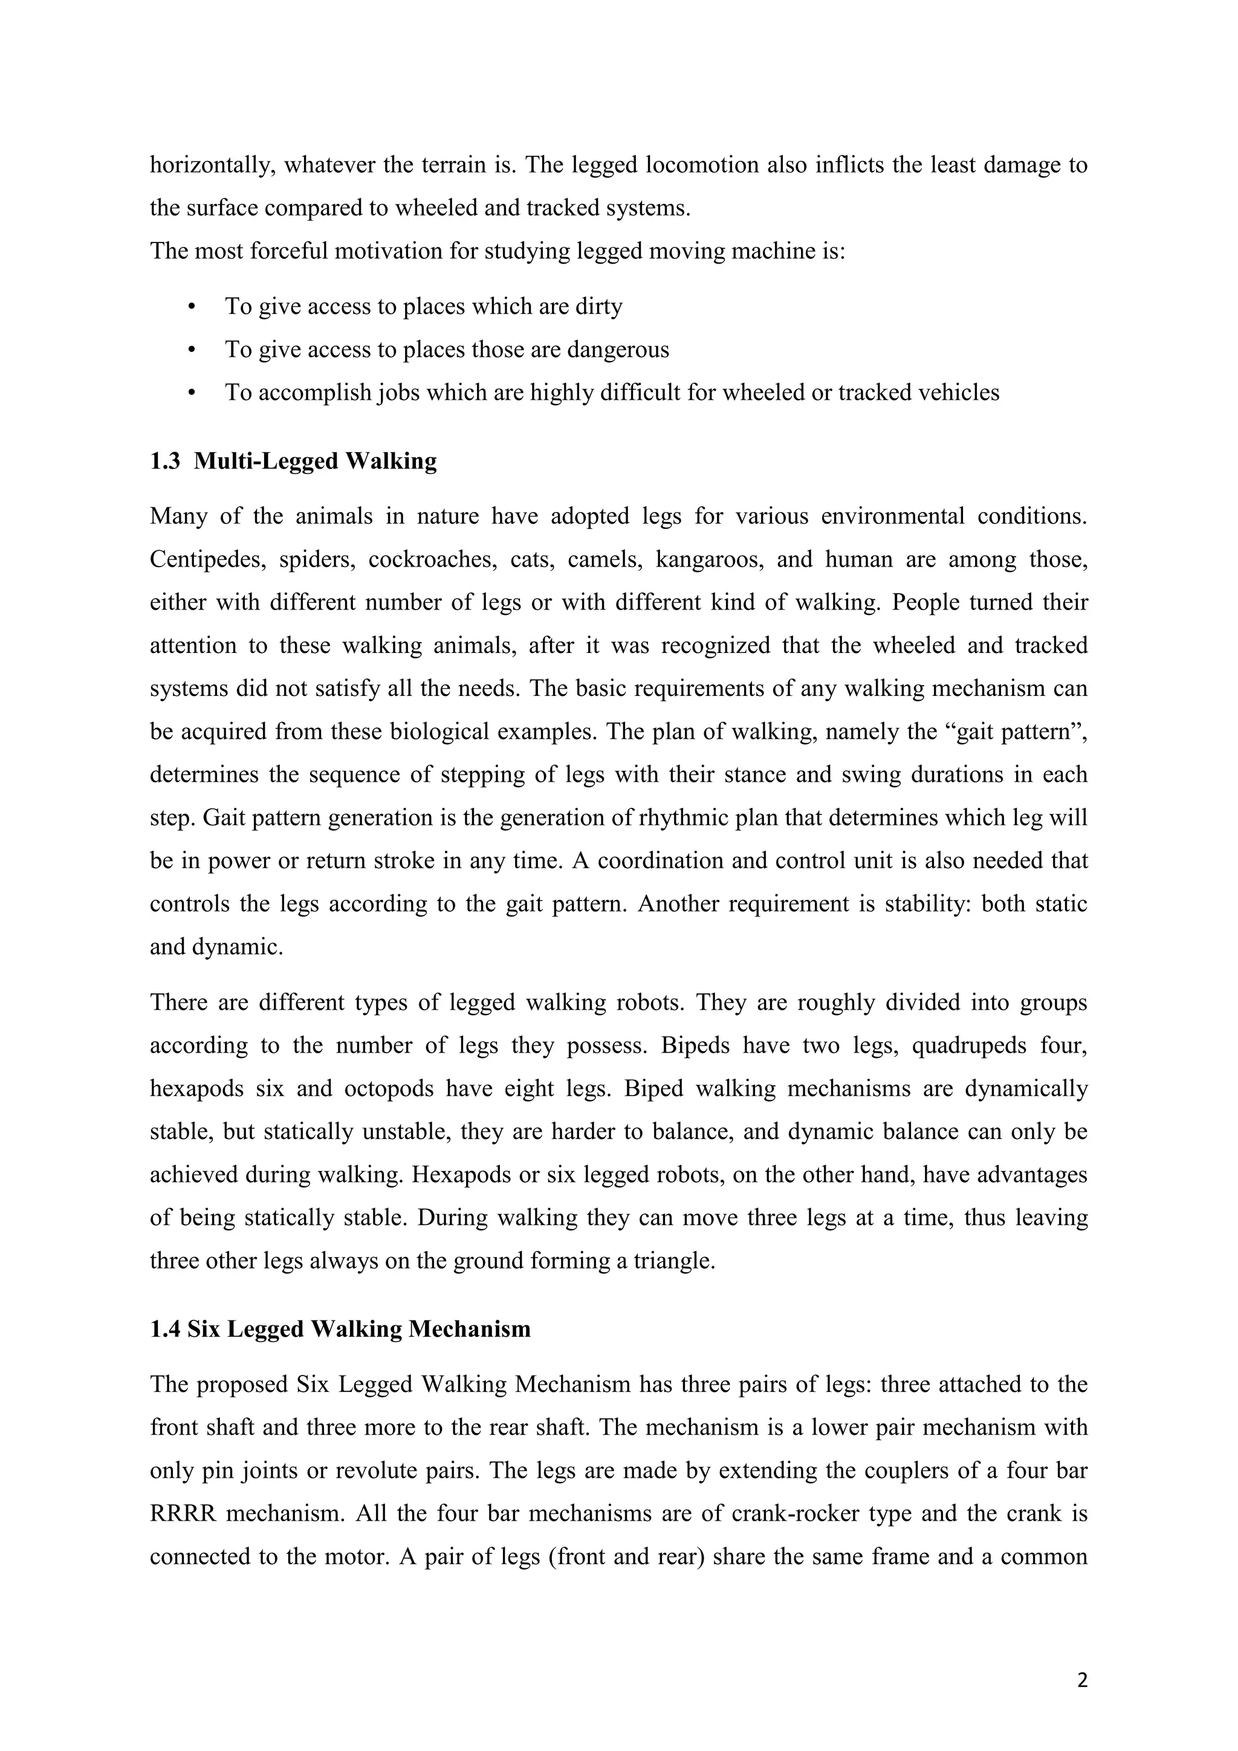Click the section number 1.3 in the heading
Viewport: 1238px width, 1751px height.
pyautogui.click(x=164, y=461)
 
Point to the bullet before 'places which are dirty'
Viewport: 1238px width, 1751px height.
pyautogui.click(x=192, y=307)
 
